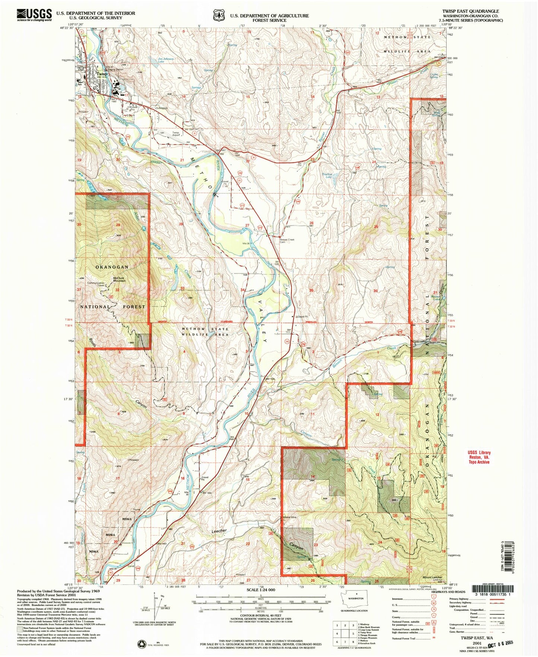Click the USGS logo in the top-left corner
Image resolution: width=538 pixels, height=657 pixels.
click(x=34, y=15)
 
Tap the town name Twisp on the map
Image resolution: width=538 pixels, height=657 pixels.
click(x=101, y=74)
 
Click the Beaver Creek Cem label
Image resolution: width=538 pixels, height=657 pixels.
click(x=287, y=241)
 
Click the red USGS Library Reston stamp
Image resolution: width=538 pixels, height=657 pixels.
click(x=479, y=457)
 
